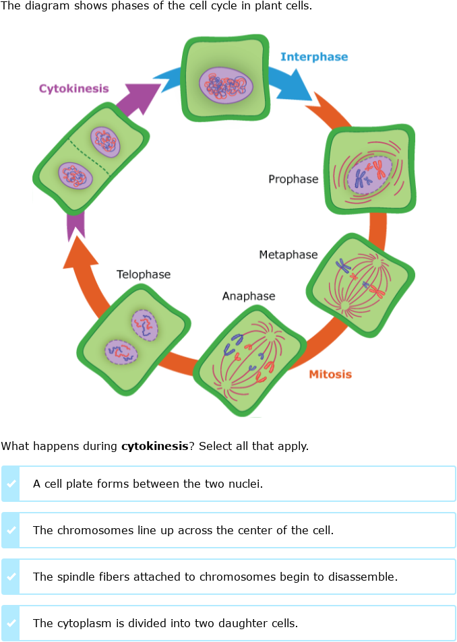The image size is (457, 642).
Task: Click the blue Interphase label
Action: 314,57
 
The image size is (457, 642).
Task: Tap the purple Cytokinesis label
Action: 73,88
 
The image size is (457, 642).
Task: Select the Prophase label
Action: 293,179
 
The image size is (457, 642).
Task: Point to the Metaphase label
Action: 288,255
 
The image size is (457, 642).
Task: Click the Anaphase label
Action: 249,296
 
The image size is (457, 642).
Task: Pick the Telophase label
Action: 144,274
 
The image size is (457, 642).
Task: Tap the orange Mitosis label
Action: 330,374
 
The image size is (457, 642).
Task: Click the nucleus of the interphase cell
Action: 226,85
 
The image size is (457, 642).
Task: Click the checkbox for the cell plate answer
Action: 11,484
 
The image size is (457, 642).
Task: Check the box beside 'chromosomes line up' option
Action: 11,530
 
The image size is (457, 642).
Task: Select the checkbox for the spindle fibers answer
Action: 11,577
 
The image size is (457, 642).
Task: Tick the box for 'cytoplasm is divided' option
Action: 11,623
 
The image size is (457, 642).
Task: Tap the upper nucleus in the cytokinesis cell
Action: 105,141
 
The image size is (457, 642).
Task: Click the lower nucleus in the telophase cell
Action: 121,352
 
